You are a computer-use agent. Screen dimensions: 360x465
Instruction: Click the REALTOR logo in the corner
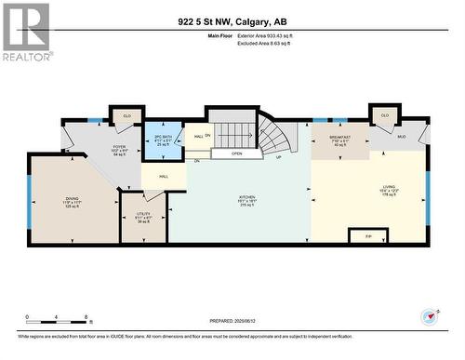point(26,33)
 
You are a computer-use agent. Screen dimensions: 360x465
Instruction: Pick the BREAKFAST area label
point(339,140)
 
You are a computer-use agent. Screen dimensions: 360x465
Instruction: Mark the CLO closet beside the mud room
point(384,116)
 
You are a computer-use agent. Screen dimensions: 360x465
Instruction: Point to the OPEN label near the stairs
point(237,153)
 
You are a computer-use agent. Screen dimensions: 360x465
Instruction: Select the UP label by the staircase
point(279,157)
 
